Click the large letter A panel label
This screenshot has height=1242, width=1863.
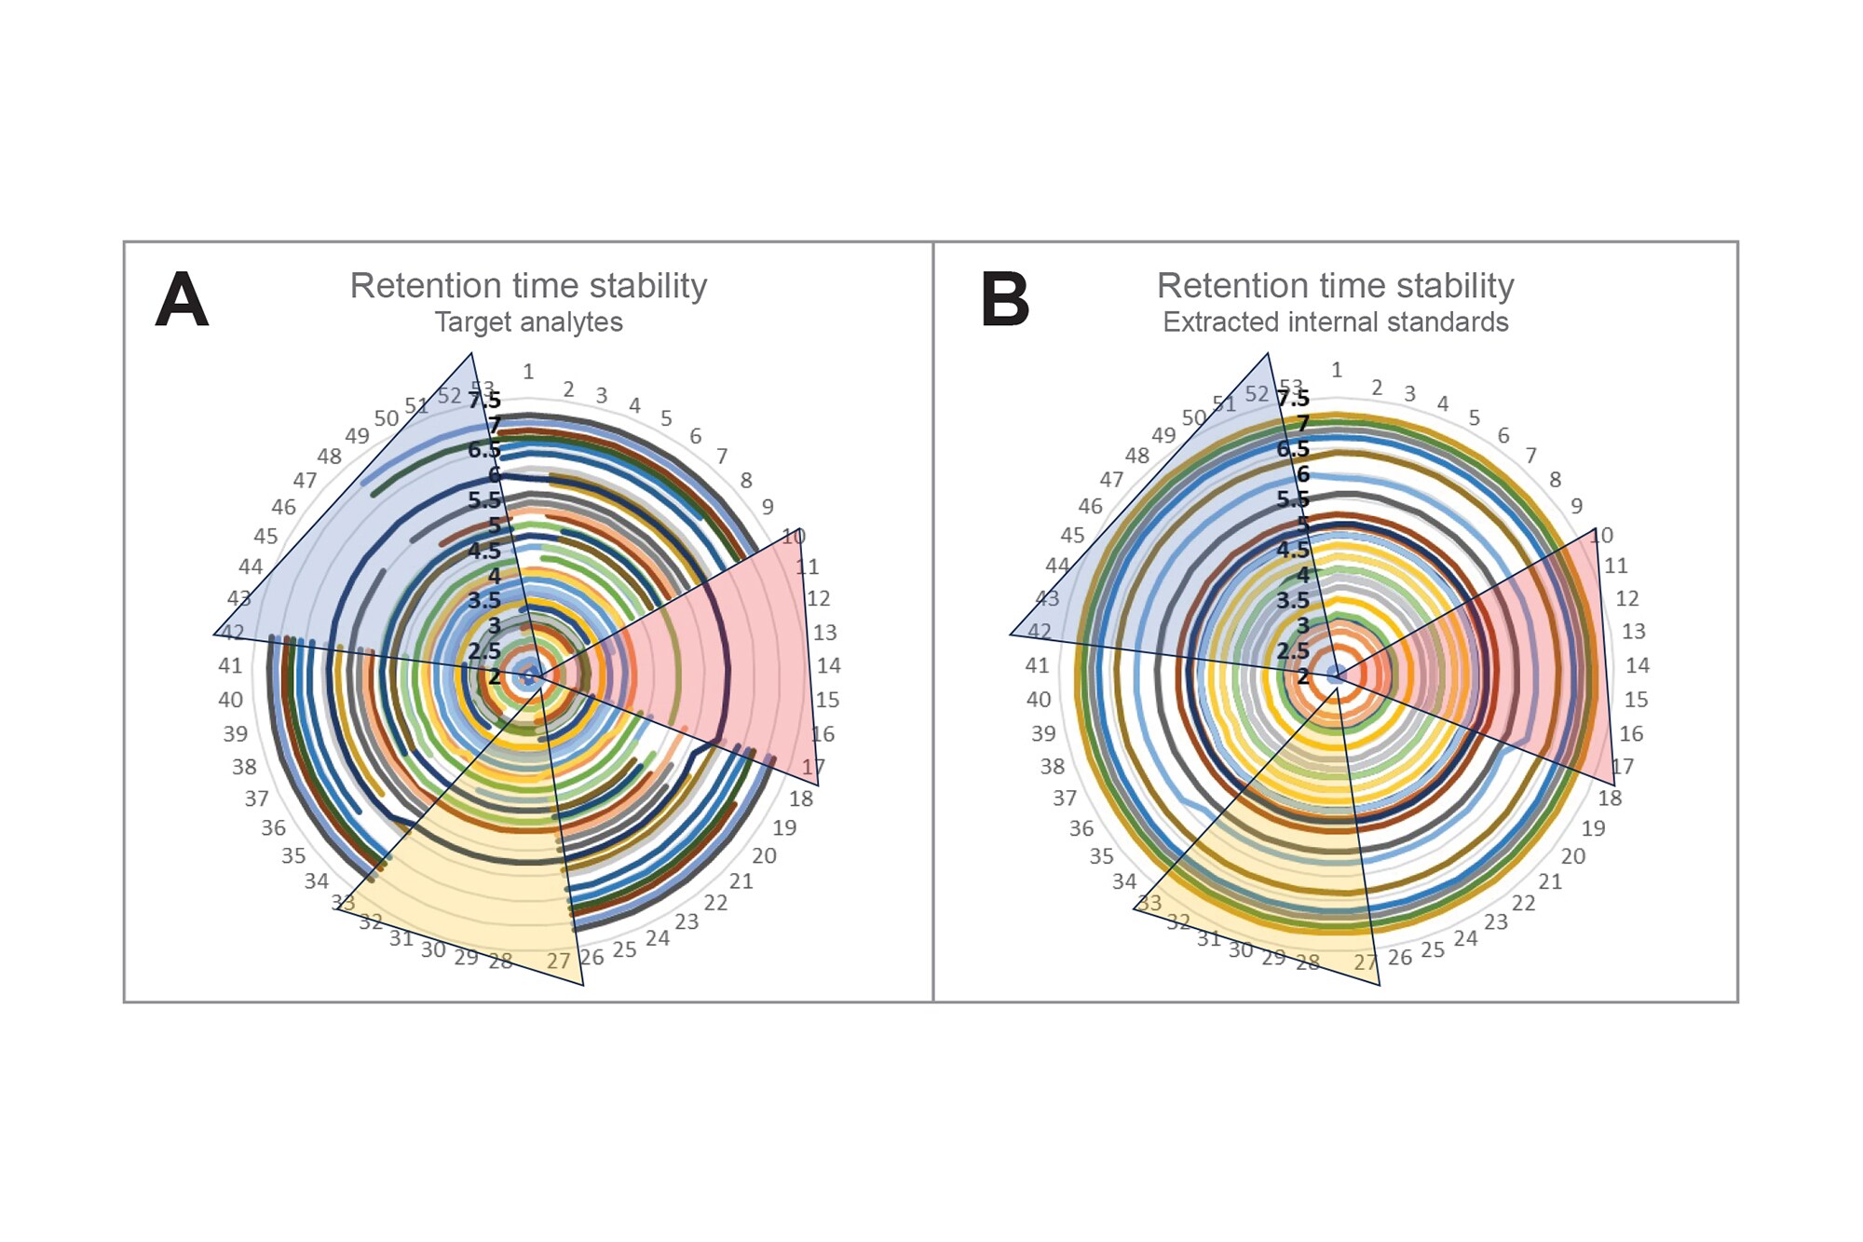[182, 300]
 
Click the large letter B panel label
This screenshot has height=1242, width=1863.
[1005, 300]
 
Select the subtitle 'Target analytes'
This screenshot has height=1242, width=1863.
[528, 322]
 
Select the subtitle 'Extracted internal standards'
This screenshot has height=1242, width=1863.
[1335, 322]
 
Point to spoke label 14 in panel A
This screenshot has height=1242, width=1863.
[829, 665]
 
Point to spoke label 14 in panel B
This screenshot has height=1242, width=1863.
[1638, 665]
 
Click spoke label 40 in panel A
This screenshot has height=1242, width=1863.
[230, 700]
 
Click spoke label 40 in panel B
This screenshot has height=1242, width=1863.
[1039, 700]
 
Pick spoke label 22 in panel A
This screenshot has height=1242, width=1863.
[715, 903]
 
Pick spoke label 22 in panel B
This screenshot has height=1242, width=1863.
[1524, 903]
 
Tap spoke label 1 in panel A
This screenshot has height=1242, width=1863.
[528, 372]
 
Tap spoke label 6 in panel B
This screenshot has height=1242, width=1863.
[1503, 435]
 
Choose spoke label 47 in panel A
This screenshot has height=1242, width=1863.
[305, 481]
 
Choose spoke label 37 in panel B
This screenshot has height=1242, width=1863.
[1065, 798]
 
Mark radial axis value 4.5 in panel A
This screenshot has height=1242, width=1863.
[484, 551]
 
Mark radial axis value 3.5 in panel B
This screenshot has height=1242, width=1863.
[1292, 600]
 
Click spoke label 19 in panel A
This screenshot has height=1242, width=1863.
[784, 827]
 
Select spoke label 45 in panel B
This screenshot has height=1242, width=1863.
[1072, 536]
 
